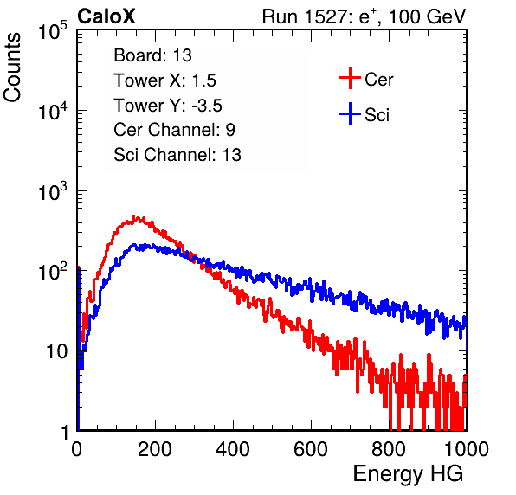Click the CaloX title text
106,16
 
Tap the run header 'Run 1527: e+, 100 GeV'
364,16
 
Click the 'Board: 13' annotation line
152,55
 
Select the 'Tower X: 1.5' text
164,80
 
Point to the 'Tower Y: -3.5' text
168,106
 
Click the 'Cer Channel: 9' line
174,130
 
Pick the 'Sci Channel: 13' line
177,155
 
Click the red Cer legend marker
350,78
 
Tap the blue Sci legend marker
350,114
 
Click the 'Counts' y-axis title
12,67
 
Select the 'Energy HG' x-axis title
408,473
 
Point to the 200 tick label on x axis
155,449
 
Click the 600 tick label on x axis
311,449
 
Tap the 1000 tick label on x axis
466,449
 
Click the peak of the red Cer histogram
133,216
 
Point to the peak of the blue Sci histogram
134,245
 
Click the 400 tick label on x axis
233,449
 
